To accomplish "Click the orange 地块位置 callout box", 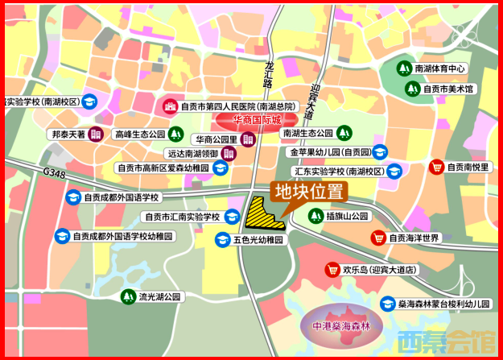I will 309,192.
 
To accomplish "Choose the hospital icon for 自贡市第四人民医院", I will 170,106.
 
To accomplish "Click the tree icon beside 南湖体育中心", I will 404,68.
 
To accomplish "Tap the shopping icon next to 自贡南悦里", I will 436,167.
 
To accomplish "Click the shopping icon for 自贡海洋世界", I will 377,238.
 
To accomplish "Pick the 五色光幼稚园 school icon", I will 221,240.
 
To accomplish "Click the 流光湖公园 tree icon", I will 127,296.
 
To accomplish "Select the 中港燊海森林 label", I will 340,327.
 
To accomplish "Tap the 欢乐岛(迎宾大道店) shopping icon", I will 330,270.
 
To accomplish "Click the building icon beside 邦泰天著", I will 96,134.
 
